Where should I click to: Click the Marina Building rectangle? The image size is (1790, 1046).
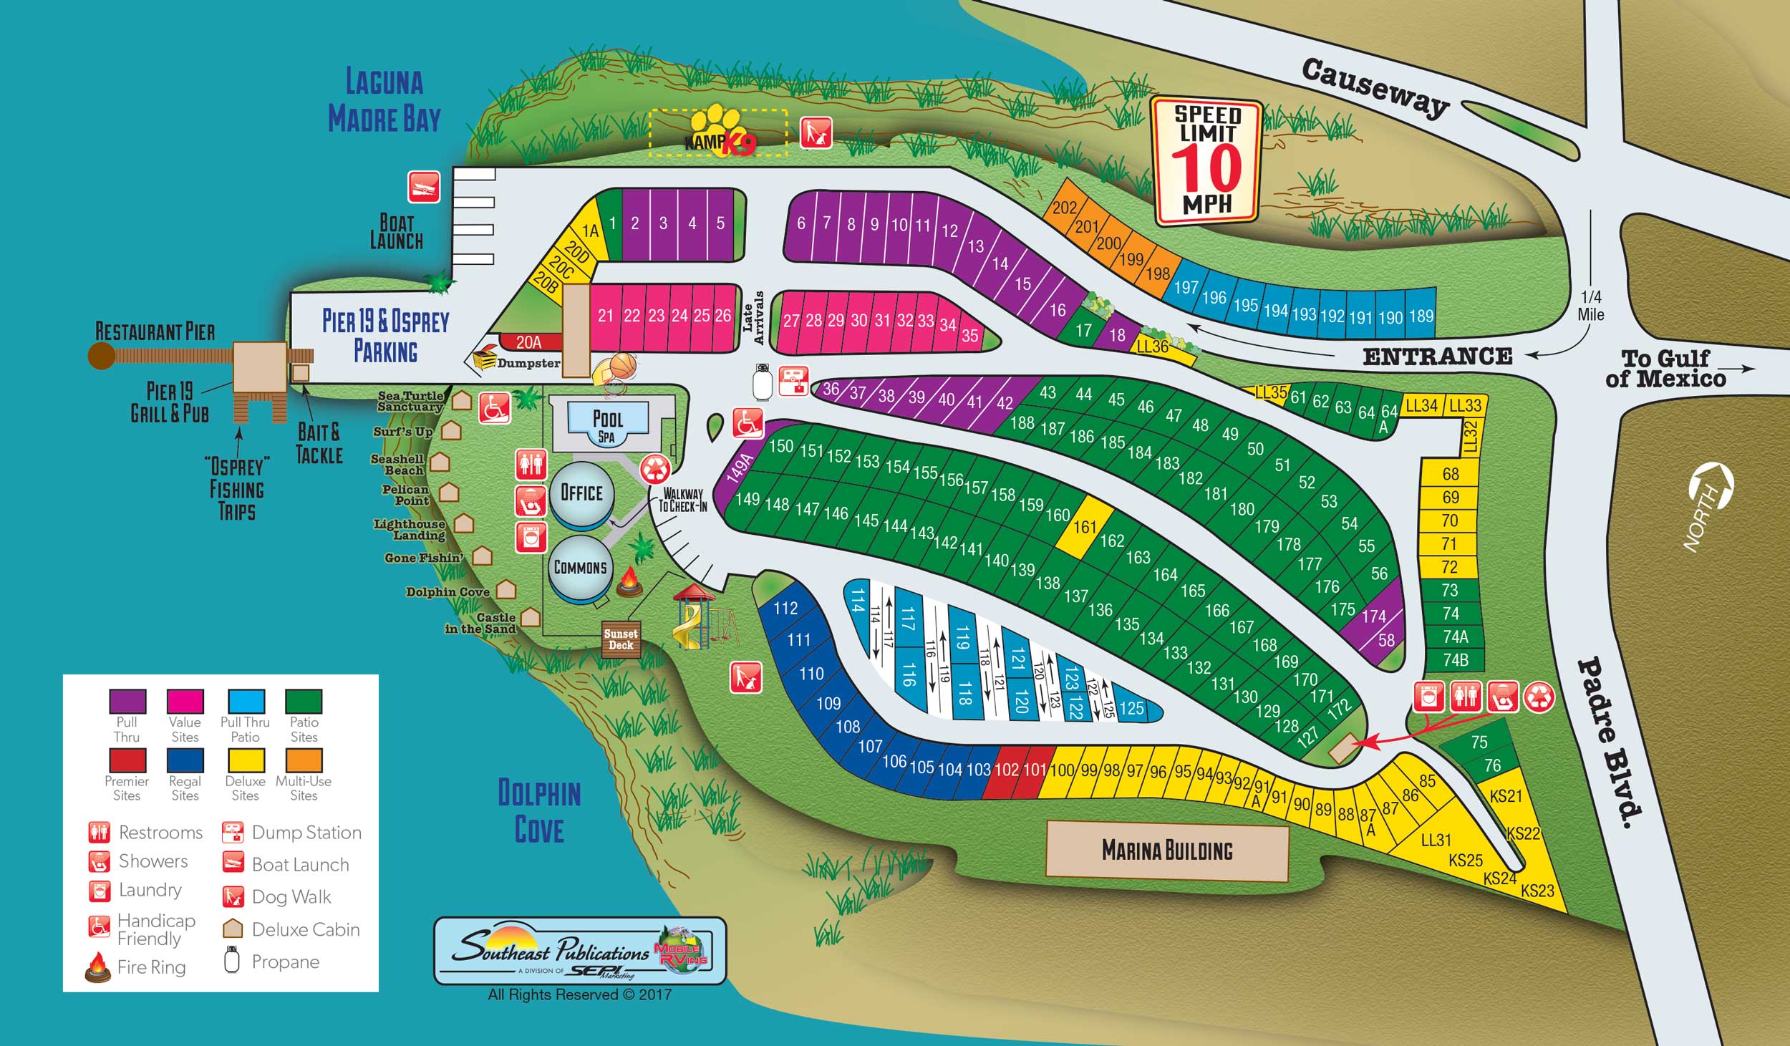1167,851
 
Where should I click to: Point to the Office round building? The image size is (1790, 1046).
581,493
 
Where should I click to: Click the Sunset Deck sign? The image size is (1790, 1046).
621,639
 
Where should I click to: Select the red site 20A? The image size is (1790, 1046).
528,342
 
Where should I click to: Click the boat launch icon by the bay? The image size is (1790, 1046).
424,187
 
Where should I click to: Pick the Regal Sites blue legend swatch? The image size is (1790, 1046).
185,760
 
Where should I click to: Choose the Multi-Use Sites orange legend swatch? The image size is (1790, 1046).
304,760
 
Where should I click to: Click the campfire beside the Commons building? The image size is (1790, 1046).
629,581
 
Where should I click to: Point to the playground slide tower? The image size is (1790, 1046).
692,612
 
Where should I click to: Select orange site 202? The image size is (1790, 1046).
1065,207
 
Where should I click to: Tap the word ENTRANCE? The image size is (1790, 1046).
1437,357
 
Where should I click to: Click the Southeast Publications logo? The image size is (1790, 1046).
580,950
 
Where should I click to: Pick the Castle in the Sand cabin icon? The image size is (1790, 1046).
531,616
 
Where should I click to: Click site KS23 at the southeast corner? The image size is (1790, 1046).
1537,891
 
